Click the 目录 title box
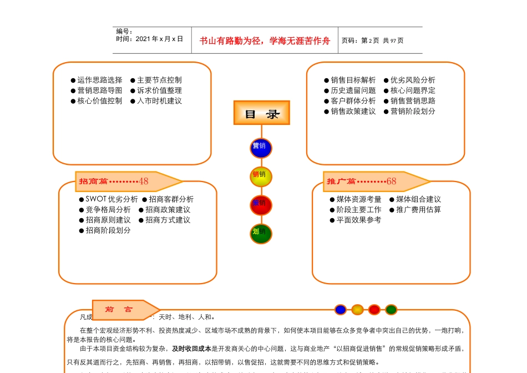tap(262, 113)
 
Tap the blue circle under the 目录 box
tap(261, 148)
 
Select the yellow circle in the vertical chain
tap(261, 176)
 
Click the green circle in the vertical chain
tap(261, 233)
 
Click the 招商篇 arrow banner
tap(128, 181)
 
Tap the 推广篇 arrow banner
tap(376, 181)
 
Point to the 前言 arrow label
tap(124, 310)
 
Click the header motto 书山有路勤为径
tap(233, 41)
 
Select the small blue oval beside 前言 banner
tap(341, 310)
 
